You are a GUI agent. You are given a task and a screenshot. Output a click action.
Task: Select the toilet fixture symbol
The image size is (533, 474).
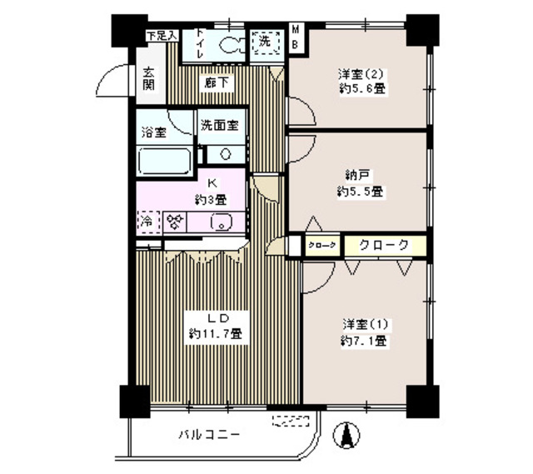(x=234, y=47)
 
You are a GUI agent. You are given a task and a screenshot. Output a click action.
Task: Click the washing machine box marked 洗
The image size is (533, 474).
(x=265, y=42)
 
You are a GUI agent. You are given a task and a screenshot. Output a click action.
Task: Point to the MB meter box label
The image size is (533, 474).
(x=295, y=38)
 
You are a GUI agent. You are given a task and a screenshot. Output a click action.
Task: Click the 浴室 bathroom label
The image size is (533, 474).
(x=153, y=132)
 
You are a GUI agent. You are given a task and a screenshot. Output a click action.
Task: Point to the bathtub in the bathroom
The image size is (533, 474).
(x=164, y=158)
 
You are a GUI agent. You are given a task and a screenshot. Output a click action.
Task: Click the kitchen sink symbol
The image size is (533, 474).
(x=221, y=222)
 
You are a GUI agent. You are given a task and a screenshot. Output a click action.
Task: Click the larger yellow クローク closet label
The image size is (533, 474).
(x=384, y=245)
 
